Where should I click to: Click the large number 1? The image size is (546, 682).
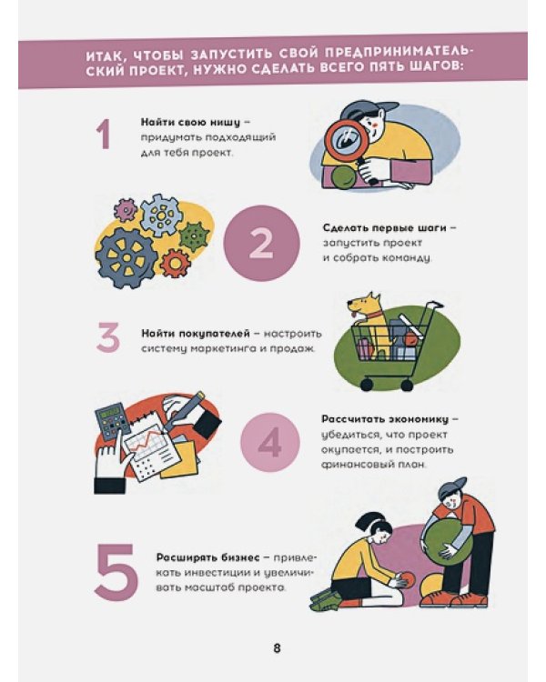[103, 135]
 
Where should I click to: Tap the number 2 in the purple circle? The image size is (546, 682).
[261, 244]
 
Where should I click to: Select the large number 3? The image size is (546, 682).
[108, 338]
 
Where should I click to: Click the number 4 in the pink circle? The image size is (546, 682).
[270, 443]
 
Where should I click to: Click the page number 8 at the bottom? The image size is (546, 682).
[277, 648]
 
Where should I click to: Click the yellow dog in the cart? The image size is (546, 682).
[365, 315]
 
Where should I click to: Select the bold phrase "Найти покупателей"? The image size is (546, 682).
[193, 334]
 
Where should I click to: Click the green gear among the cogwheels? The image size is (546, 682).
[194, 236]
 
